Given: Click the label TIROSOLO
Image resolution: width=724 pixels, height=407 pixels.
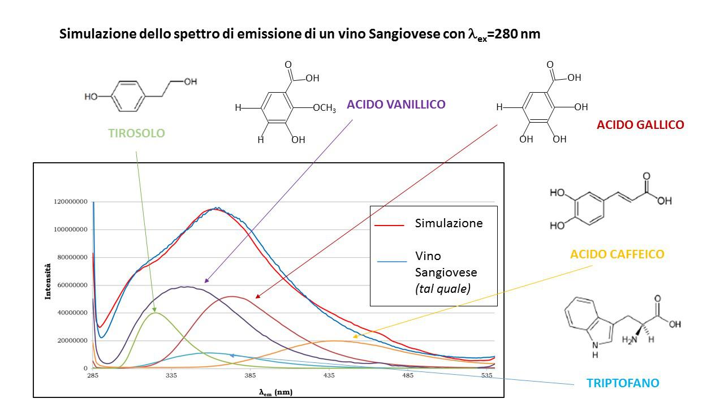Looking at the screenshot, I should [136, 133].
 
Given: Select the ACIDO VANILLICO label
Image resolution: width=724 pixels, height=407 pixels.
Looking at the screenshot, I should [396, 104].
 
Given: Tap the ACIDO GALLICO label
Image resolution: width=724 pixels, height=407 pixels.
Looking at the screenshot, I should [640, 125].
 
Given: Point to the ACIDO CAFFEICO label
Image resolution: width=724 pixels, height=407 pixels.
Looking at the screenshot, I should [617, 254].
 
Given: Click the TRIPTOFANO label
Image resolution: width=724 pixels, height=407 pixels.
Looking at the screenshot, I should [623, 383].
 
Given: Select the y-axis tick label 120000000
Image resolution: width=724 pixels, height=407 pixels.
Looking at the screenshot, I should [71, 202].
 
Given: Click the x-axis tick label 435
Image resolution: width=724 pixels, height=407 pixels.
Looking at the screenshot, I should [329, 376].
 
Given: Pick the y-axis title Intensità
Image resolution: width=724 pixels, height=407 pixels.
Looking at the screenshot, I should [49, 281].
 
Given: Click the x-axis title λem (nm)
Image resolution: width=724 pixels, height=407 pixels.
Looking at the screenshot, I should [276, 392].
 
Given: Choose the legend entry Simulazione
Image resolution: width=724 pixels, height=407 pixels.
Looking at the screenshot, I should [449, 223].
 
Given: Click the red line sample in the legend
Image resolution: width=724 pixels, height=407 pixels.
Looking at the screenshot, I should [389, 225].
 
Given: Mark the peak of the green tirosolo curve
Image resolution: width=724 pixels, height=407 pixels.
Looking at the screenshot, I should [155, 313].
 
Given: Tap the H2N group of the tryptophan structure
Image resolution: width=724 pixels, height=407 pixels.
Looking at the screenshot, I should [629, 339].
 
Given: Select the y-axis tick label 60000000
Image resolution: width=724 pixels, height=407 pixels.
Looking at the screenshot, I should [71, 285].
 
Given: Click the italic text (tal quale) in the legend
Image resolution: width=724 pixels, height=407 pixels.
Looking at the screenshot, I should [443, 289].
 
